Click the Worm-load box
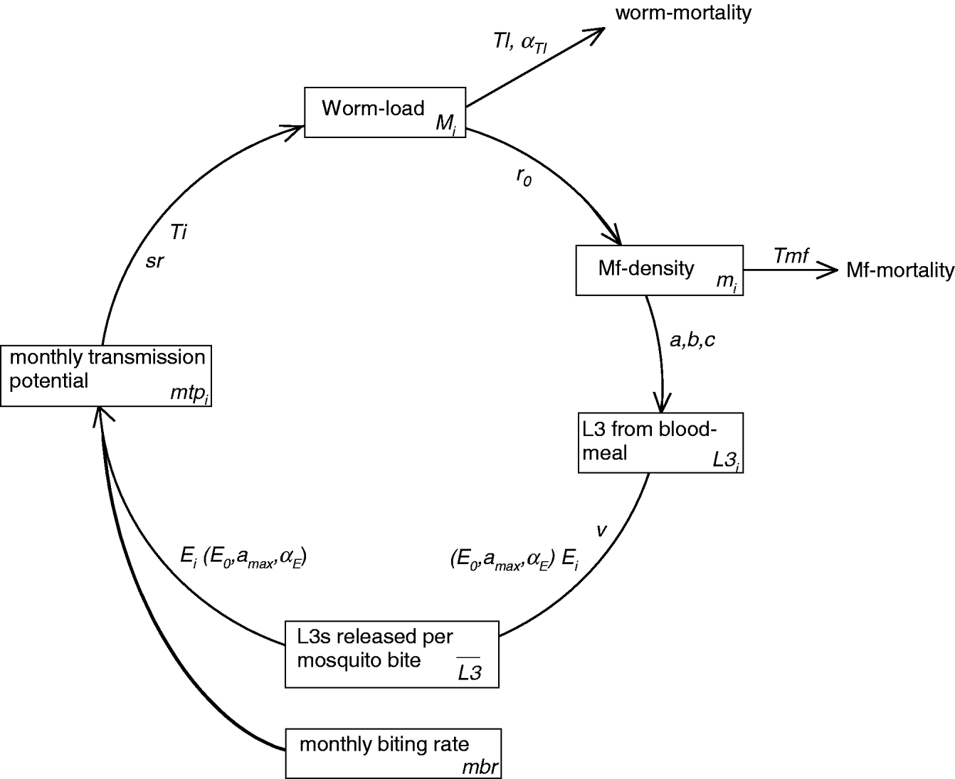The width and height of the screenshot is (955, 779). point(385,112)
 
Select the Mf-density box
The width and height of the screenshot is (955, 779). point(659,270)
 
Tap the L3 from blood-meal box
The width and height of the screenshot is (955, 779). point(660,443)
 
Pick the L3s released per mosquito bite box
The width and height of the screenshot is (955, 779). point(391,654)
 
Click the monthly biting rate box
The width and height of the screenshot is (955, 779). point(393,753)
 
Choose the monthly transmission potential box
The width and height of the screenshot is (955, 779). point(106,376)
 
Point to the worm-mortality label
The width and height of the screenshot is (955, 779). point(682,13)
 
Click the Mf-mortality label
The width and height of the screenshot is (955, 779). point(899,270)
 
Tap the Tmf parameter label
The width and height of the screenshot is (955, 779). point(791,255)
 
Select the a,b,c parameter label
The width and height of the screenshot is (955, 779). point(692,340)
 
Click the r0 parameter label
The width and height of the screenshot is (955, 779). point(524,178)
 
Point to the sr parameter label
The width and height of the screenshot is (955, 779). point(154,261)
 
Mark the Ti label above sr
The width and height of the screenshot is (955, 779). point(179,232)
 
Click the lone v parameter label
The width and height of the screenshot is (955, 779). point(601,530)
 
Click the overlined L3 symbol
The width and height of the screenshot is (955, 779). point(469,672)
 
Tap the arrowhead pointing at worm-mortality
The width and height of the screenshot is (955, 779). point(596,33)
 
